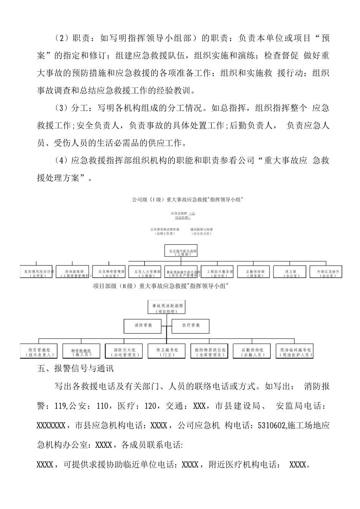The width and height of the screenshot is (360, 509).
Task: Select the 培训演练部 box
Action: [x=74, y=273]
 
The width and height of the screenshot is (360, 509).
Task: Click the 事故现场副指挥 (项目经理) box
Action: [x=167, y=307]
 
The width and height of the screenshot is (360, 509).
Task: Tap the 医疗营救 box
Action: [x=191, y=325]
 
